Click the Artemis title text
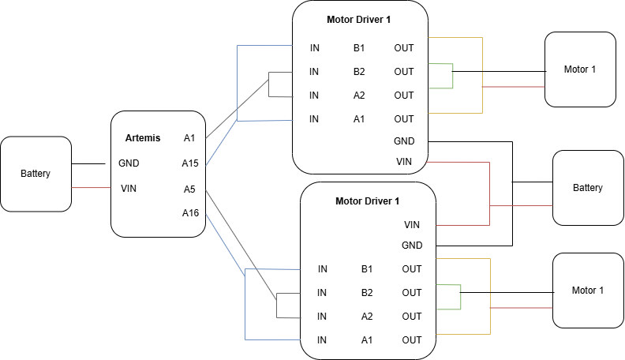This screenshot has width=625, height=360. coord(143,138)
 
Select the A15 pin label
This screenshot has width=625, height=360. coord(189,163)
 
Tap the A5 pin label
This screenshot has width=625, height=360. coord(189,189)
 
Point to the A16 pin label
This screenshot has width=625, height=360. coord(189,212)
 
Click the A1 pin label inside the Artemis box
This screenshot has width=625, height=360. coord(189,138)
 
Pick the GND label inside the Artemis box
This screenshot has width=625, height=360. coord(129,163)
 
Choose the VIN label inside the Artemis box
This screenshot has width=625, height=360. coord(129,188)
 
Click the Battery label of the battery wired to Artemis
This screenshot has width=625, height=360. coord(36,174)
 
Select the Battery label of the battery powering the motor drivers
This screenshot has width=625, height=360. coord(588,188)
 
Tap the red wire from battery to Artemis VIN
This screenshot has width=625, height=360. coord(91,188)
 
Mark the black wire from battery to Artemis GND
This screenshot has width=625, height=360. coord(88,163)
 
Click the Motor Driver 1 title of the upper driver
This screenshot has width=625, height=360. coord(358,19)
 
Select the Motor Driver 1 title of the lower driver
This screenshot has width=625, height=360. coord(367,201)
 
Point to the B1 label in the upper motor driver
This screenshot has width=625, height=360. coord(359,48)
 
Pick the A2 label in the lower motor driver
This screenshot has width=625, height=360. coord(367,317)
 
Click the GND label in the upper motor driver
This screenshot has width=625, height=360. coord(404,141)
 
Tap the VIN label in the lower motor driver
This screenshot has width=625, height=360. coord(412,224)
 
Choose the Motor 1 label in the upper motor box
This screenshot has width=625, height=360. coord(580,69)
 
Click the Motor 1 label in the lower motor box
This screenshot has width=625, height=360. coord(588,291)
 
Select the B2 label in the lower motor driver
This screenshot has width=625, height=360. coord(367,293)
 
